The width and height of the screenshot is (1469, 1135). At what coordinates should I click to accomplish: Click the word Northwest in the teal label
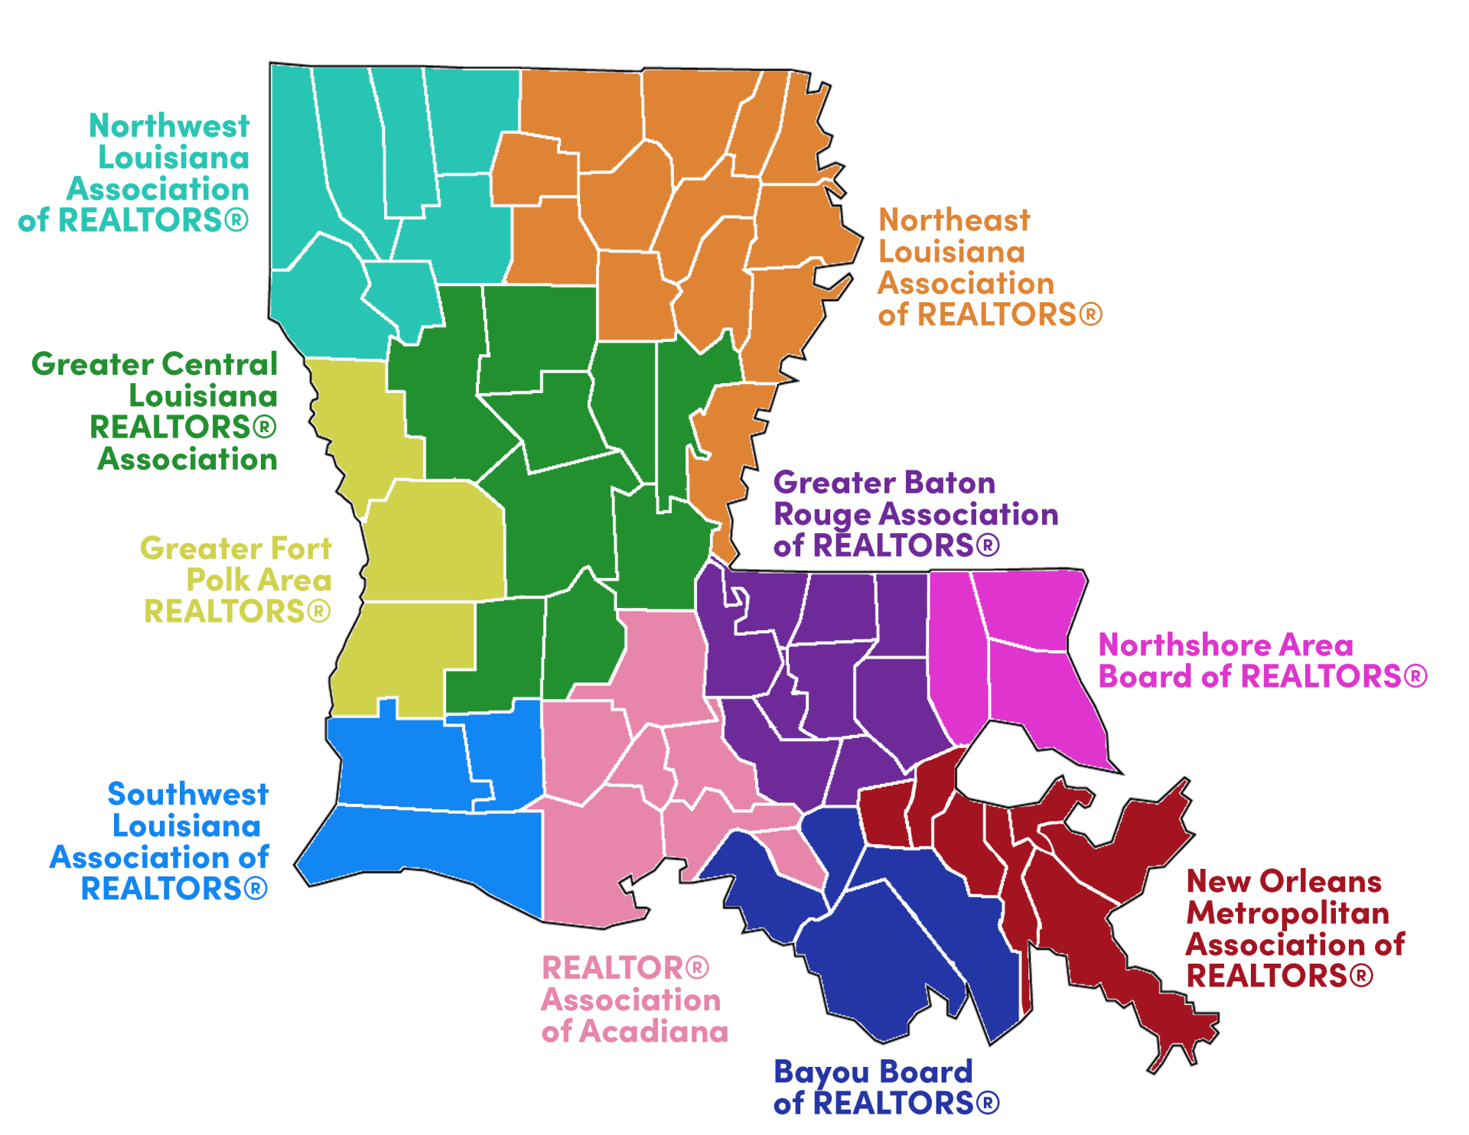tap(169, 126)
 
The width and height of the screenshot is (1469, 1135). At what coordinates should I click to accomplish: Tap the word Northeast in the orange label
tap(954, 220)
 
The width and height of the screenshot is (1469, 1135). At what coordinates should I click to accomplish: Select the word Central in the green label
tap(230, 365)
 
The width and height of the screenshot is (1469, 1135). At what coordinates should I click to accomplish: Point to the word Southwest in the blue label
tap(187, 795)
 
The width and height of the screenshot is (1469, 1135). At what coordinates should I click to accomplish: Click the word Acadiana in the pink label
tap(653, 1033)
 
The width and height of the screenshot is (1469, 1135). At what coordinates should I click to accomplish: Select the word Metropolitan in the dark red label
tap(1288, 914)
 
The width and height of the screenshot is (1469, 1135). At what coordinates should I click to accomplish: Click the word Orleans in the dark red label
tap(1321, 882)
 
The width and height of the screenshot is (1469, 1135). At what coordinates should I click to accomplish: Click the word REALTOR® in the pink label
tap(625, 969)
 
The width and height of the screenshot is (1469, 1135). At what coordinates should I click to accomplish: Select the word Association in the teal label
tap(158, 189)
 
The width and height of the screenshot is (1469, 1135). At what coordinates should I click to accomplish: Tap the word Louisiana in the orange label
tap(951, 252)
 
